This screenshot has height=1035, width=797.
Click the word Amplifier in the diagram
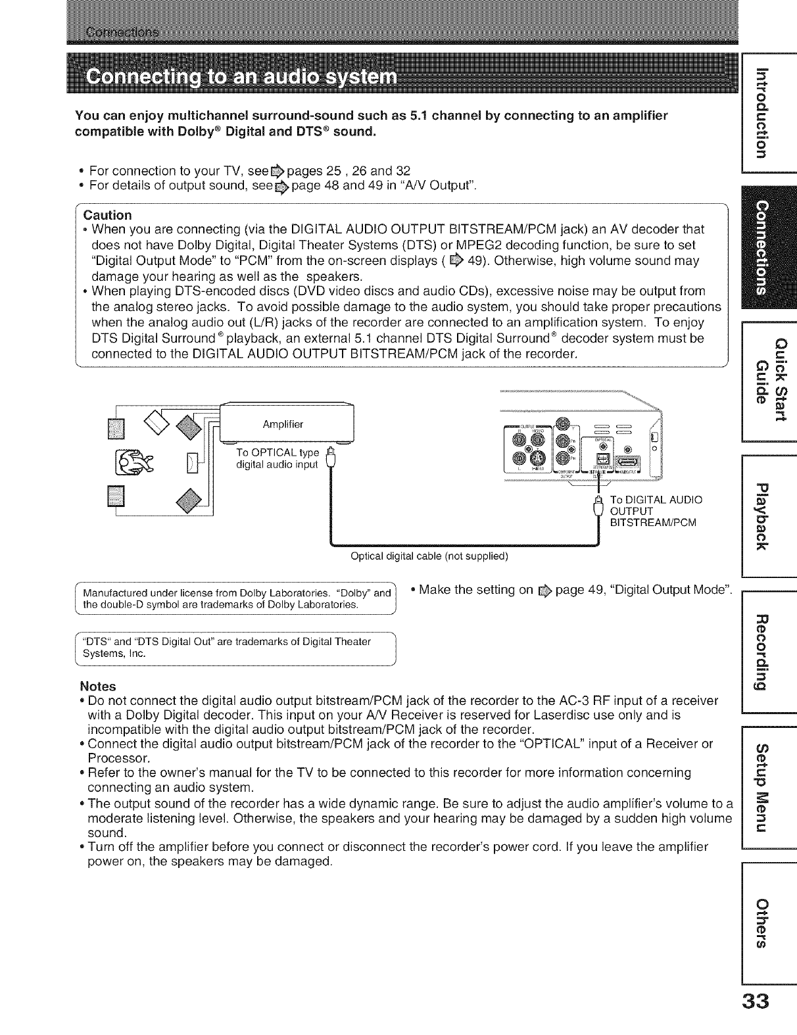[283, 424]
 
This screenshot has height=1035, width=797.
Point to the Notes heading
[97, 686]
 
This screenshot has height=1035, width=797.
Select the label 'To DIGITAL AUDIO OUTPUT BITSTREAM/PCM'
[654, 511]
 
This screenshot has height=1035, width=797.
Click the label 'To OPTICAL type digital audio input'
[277, 459]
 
